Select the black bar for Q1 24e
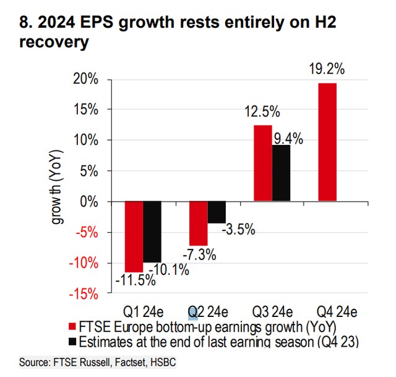coord(152,232)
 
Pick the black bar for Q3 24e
coord(281,173)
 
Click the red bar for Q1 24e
coord(134,236)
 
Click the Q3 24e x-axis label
coord(272,310)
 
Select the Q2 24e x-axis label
coord(208,310)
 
